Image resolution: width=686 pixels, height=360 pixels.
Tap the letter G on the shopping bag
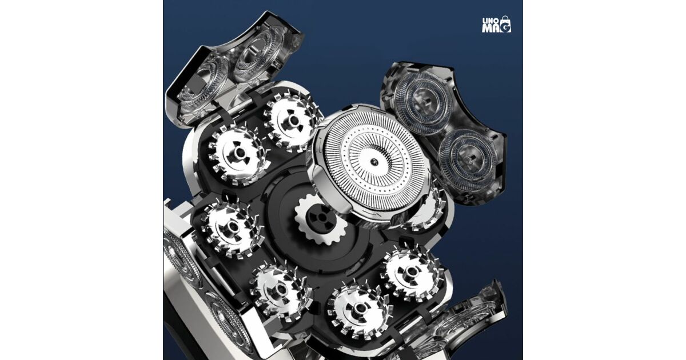pyautogui.click(x=506, y=27)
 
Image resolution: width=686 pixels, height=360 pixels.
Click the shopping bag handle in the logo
pyautogui.click(x=505, y=18)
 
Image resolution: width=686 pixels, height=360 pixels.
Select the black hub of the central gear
pyautogui.click(x=322, y=218)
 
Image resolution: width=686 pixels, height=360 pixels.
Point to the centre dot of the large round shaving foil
pyautogui.click(x=373, y=161)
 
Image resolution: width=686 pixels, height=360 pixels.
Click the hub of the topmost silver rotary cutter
pyautogui.click(x=293, y=121)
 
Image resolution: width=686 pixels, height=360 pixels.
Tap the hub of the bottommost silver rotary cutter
pyautogui.click(x=360, y=308)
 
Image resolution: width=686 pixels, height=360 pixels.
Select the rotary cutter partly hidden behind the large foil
pyautogui.click(x=429, y=211)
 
